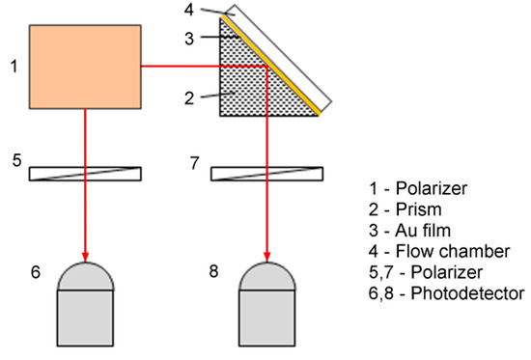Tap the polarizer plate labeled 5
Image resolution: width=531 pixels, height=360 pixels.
click(85, 174)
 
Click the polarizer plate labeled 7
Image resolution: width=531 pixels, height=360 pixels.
click(265, 174)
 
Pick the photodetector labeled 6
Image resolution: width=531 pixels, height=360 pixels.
click(85, 309)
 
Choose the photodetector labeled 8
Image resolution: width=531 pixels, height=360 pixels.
click(265, 309)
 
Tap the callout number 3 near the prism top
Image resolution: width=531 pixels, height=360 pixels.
click(191, 39)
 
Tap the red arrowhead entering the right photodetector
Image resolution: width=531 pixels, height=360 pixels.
click(265, 258)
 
